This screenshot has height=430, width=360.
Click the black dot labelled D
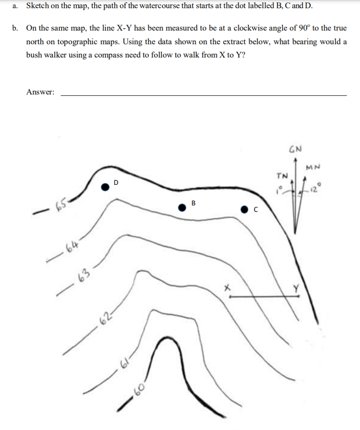tap(105, 186)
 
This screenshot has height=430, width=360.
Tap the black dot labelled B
tap(182, 208)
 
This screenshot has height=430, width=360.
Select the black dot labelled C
tap(245, 209)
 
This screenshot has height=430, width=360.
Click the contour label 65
tap(61, 205)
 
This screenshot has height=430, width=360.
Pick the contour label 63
tap(83, 276)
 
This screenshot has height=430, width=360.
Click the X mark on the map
tap(228, 287)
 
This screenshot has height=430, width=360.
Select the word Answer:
tap(41, 92)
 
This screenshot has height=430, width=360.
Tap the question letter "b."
tap(16, 28)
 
